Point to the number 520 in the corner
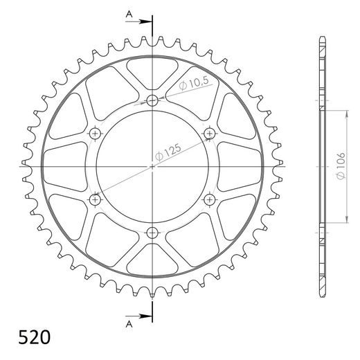tap(33, 339)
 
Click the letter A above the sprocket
tap(129, 15)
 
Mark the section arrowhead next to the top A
tap(146, 21)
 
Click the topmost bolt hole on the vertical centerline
tap(152, 101)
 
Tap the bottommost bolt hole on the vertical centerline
tap(152, 233)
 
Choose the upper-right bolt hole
tap(209, 133)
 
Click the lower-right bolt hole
tap(209, 200)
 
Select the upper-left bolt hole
tap(96, 133)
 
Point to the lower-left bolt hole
tap(96, 200)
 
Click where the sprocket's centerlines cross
tap(152, 167)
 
